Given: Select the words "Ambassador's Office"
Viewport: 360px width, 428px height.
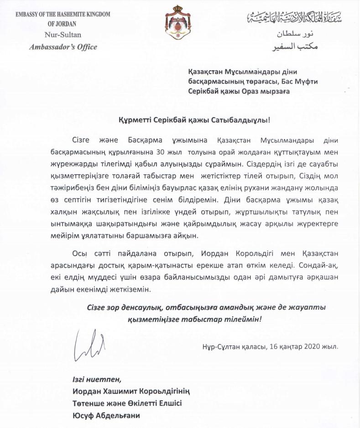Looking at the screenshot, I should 63,46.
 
